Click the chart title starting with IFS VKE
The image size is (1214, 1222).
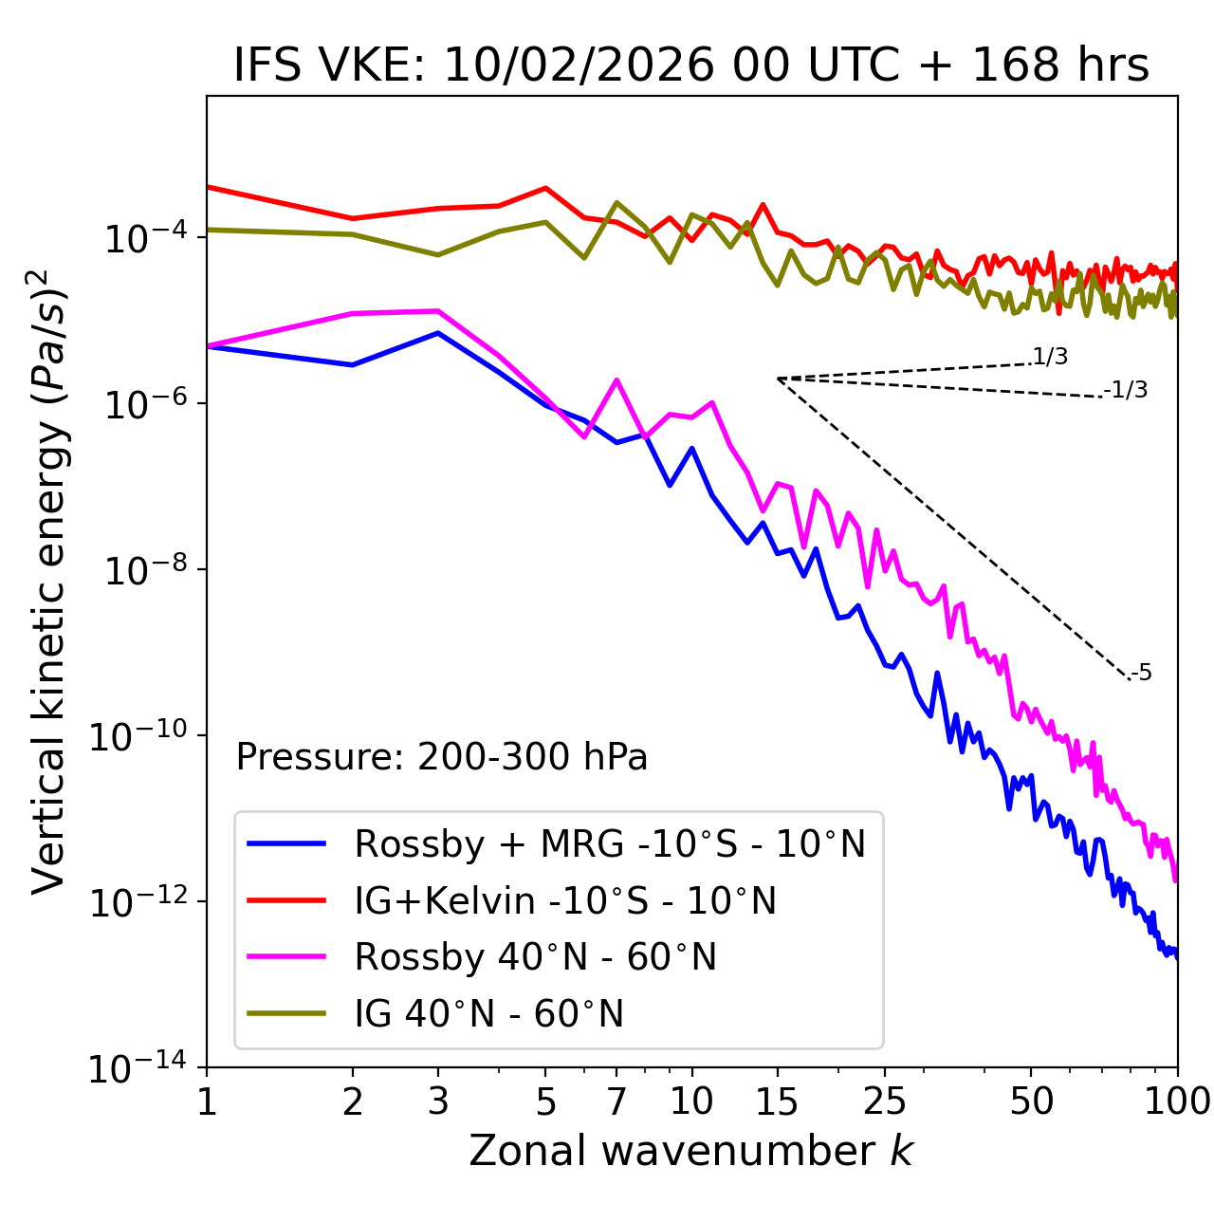click(x=691, y=66)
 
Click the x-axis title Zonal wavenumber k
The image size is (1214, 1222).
click(x=691, y=1150)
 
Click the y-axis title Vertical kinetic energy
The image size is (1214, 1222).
click(x=49, y=581)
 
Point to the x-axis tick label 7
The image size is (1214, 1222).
click(x=616, y=1102)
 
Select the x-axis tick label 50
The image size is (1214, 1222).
click(x=1031, y=1102)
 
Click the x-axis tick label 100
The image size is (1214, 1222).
click(x=1177, y=1102)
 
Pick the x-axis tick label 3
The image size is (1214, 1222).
click(x=437, y=1102)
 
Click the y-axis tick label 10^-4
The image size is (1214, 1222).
click(x=144, y=238)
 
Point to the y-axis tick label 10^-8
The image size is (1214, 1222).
click(x=144, y=570)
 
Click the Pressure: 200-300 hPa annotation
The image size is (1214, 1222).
click(x=442, y=757)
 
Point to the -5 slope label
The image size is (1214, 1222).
click(x=1142, y=673)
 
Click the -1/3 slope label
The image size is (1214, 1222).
click(x=1127, y=390)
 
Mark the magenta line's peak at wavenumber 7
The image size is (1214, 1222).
click(x=616, y=380)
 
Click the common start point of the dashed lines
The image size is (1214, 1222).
click(x=778, y=379)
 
